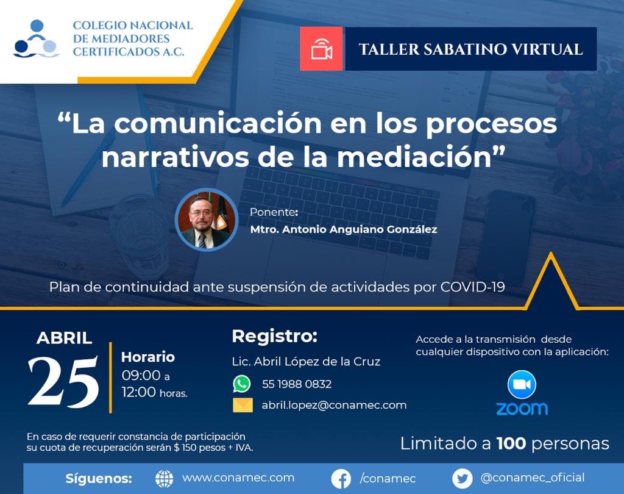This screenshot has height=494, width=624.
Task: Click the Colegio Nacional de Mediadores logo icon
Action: [37, 39]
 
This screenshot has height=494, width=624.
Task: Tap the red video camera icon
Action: [321, 49]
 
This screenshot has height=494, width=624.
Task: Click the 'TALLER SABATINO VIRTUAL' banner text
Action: [470, 49]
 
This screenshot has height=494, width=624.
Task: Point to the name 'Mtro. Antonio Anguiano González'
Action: [344, 230]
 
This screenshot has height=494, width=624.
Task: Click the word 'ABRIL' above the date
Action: [64, 338]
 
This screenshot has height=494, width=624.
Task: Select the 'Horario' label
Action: [148, 357]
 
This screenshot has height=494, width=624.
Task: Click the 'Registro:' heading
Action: [275, 336]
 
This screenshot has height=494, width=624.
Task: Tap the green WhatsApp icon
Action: [242, 384]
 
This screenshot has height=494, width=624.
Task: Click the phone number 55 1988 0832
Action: [297, 384]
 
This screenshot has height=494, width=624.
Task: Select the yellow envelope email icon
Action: [243, 405]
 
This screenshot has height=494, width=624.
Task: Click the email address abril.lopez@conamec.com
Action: [334, 405]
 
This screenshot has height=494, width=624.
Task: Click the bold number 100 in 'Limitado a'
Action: [511, 443]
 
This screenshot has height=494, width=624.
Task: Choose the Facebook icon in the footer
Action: [342, 479]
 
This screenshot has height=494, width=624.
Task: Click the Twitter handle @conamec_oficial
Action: [532, 478]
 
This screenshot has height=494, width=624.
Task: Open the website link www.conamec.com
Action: [238, 478]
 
